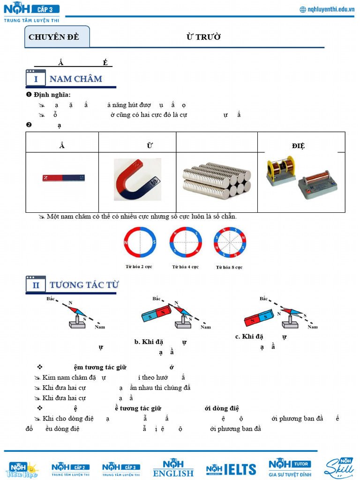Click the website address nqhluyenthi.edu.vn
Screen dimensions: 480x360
pyautogui.click(x=327, y=9)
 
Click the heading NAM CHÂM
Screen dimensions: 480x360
pyautogui.click(x=75, y=79)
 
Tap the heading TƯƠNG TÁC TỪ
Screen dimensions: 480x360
pyautogui.click(x=84, y=285)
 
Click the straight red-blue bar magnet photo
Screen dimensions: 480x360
pyautogui.click(x=64, y=178)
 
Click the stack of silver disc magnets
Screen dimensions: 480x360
pyautogui.click(x=217, y=180)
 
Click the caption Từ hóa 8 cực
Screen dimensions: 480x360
pyautogui.click(x=229, y=267)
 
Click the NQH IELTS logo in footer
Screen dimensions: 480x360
pyautogui.click(x=231, y=469)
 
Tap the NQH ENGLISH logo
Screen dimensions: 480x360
pyautogui.click(x=173, y=468)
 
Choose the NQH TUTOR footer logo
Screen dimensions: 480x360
pyautogui.click(x=290, y=467)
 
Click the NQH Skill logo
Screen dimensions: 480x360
pyautogui.click(x=338, y=468)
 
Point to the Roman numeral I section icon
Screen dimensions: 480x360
pyautogui.click(x=36, y=79)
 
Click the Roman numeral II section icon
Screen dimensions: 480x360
pyautogui.click(x=36, y=285)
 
